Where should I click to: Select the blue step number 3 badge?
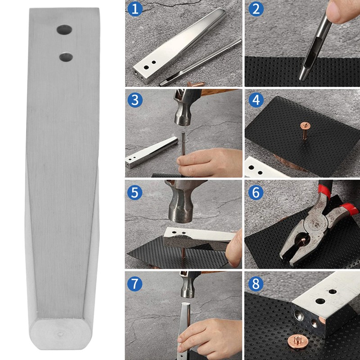point(134,100)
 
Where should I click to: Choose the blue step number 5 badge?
point(134,192)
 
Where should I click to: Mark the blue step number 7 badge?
point(134,284)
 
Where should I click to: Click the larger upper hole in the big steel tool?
point(64,30)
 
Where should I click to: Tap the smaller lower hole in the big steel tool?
point(66,57)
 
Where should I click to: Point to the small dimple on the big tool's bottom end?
point(60,334)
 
